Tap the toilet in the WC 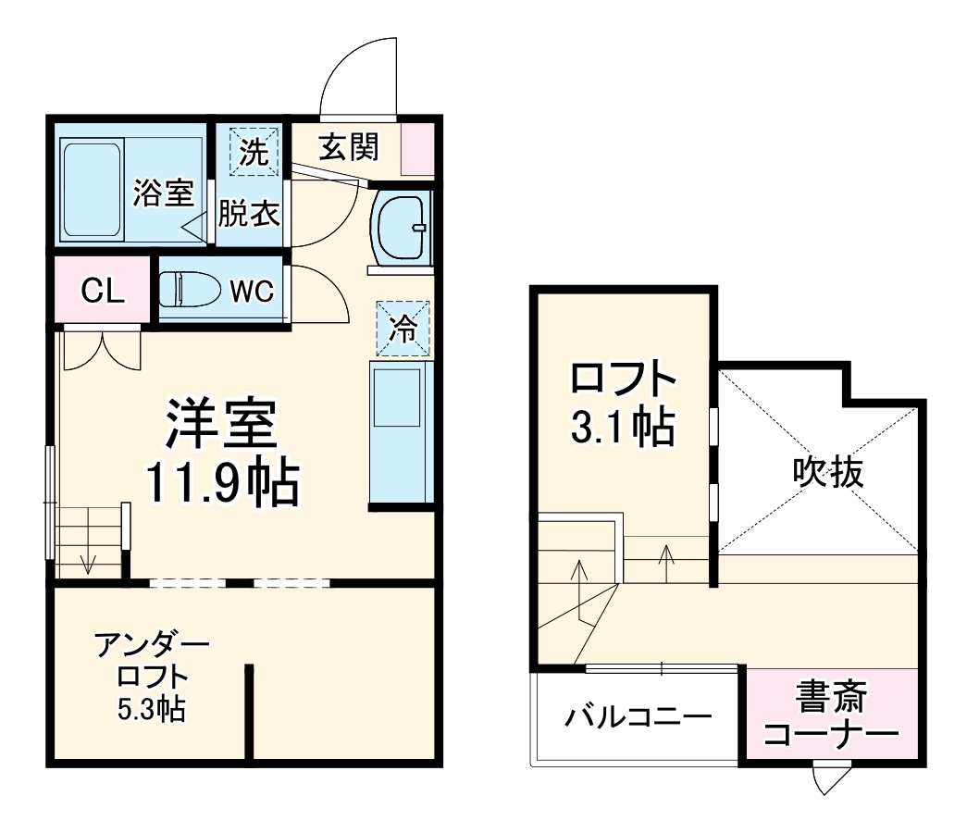tap(189, 291)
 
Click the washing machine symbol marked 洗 tap(253, 153)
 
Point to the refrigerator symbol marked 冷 tap(403, 329)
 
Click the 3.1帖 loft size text tap(622, 427)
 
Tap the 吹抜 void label tap(827, 473)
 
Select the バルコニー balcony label tap(638, 717)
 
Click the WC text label tap(251, 292)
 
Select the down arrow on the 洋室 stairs tap(88, 561)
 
